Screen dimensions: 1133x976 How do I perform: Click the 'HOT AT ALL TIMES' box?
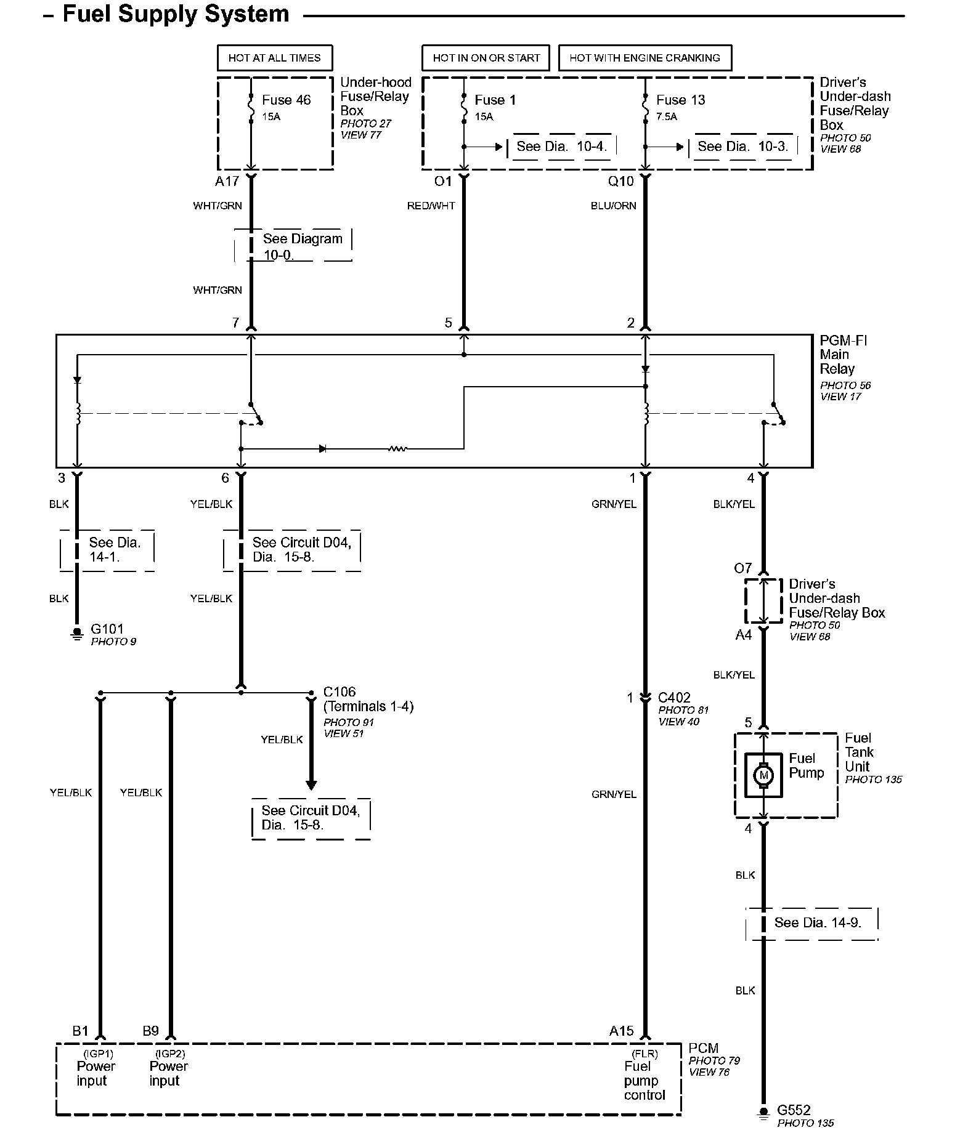coord(274,58)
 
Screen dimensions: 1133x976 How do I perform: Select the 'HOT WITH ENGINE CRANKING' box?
coord(645,58)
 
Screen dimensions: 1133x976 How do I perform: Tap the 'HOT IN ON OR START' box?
coord(486,58)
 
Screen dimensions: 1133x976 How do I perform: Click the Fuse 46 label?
coord(286,100)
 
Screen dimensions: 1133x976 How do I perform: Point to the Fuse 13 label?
coord(680,100)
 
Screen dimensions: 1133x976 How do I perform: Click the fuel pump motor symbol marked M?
coord(763,775)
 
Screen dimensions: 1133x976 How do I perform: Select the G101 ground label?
coord(107,629)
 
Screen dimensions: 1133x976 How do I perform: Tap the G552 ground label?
coord(794,1110)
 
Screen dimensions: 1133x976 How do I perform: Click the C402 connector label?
coord(674,698)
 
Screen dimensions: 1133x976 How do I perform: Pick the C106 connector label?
coord(340,692)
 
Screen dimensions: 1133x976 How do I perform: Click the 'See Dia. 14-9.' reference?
coord(817,922)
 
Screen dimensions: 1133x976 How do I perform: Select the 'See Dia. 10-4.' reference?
coord(561,147)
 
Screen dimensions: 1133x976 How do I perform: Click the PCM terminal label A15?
coord(621,1031)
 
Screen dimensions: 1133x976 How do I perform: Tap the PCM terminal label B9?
coord(150,1031)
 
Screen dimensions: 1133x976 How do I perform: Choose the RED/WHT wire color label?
coord(431,206)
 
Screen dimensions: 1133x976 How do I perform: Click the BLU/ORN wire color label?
coord(613,206)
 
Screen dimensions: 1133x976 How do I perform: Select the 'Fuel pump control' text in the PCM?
coord(644,1081)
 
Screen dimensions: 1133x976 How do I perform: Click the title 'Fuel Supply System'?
coord(176,14)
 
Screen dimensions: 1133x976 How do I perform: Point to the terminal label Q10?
coord(620,181)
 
